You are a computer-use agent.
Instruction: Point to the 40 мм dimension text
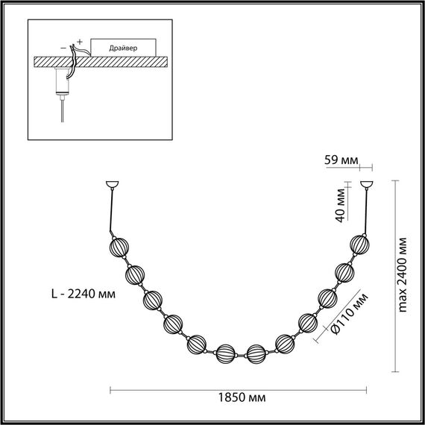click(339, 204)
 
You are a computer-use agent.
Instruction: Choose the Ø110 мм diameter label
click(341, 313)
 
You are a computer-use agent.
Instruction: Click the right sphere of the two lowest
click(256, 353)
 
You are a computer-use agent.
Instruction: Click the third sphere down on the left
click(154, 300)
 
